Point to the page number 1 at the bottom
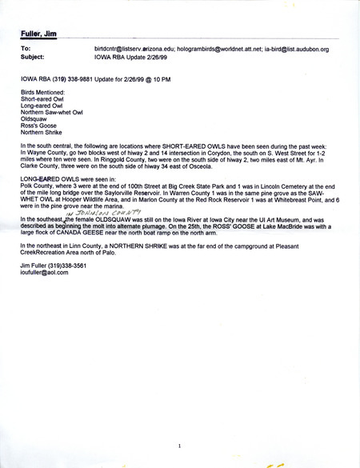(x=181, y=446)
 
